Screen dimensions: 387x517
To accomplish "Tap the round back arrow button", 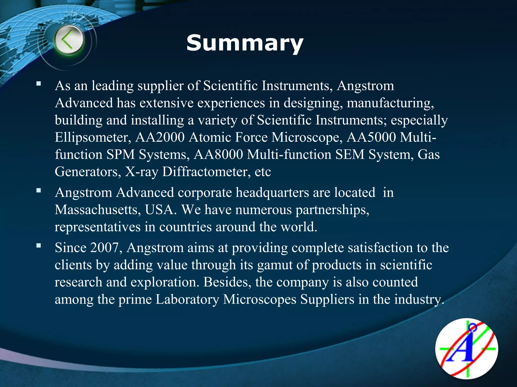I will pyautogui.click(x=69, y=41).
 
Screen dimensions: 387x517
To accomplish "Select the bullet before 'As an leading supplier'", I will pyautogui.click(x=39, y=84).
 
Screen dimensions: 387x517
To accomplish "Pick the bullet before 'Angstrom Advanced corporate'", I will pyautogui.click(x=39, y=190).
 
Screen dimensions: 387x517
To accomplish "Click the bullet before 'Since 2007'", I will pyautogui.click(x=39, y=245).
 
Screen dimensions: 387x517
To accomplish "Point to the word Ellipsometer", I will pyautogui.click(x=93, y=138).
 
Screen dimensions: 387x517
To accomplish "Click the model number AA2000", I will pyautogui.click(x=160, y=138).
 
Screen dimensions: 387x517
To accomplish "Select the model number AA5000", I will pyautogui.click(x=371, y=138).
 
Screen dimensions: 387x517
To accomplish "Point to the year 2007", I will pyautogui.click(x=104, y=248).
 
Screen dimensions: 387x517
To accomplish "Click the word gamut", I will pyautogui.click(x=274, y=265).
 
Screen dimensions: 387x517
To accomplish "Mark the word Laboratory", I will pyautogui.click(x=187, y=300).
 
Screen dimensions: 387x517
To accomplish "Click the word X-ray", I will pyautogui.click(x=142, y=172).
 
